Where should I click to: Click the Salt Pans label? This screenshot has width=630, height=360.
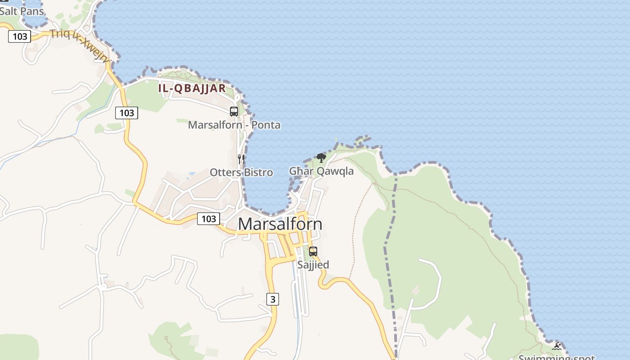coord(22,11)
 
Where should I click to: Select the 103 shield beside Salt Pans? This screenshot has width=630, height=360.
coord(19,36)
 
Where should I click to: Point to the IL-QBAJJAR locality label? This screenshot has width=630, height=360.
coord(192,88)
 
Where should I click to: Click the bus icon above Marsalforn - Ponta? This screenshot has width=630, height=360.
coord(234,112)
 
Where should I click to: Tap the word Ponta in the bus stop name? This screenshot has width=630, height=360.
coord(266,125)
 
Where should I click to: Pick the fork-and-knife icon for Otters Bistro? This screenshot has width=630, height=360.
coord(241,159)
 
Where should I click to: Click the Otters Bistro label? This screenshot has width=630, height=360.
coord(241,172)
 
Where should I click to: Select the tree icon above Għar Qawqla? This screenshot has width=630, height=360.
coord(321,157)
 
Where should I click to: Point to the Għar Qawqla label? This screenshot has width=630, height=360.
coord(321,171)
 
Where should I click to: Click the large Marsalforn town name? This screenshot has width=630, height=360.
coord(280,224)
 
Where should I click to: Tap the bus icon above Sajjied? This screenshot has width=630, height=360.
coord(313,252)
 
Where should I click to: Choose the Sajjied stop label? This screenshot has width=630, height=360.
coord(313,265)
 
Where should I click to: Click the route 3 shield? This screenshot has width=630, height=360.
coord(272,299)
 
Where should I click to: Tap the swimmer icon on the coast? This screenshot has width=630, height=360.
coord(557,346)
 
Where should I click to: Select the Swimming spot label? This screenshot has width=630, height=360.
coord(557,357)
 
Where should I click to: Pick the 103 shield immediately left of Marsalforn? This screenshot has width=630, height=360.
coord(208,219)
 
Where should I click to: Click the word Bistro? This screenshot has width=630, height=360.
coord(258,172)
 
